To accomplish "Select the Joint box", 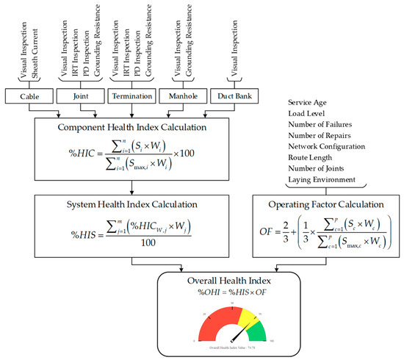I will (82, 97).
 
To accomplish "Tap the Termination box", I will (131, 97).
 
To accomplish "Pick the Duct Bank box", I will (234, 97).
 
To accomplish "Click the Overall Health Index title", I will (227, 281).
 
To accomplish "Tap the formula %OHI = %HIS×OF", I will (227, 295).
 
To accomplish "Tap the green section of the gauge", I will (256, 330).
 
